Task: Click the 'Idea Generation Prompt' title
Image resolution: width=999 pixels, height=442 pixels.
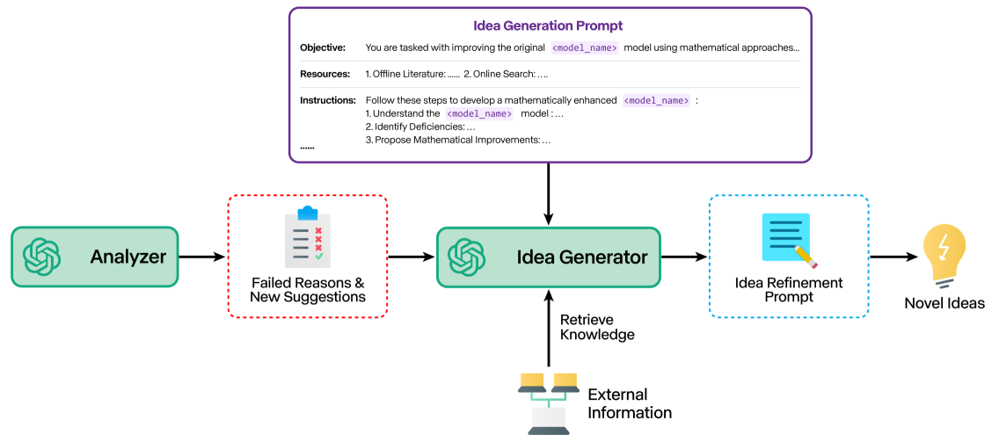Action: [549, 26]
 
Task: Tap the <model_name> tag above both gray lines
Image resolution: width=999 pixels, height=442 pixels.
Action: [585, 48]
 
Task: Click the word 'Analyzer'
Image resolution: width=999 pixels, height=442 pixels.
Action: [128, 257]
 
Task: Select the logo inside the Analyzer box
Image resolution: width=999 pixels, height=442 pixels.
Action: [42, 257]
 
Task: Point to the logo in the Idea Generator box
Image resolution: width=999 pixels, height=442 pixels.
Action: [467, 257]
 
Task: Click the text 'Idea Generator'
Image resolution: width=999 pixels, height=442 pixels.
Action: [582, 257]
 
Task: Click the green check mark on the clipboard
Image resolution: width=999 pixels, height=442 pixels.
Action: [318, 257]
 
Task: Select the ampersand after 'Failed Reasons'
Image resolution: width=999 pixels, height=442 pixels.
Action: [359, 283]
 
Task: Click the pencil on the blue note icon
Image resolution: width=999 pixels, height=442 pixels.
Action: [806, 256]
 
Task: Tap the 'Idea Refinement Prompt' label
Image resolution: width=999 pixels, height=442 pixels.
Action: [789, 289]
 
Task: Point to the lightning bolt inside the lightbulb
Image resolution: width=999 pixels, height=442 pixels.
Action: [944, 245]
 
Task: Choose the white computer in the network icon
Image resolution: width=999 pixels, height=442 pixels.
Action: [549, 421]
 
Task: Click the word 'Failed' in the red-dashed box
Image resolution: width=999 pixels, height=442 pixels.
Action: [271, 283]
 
